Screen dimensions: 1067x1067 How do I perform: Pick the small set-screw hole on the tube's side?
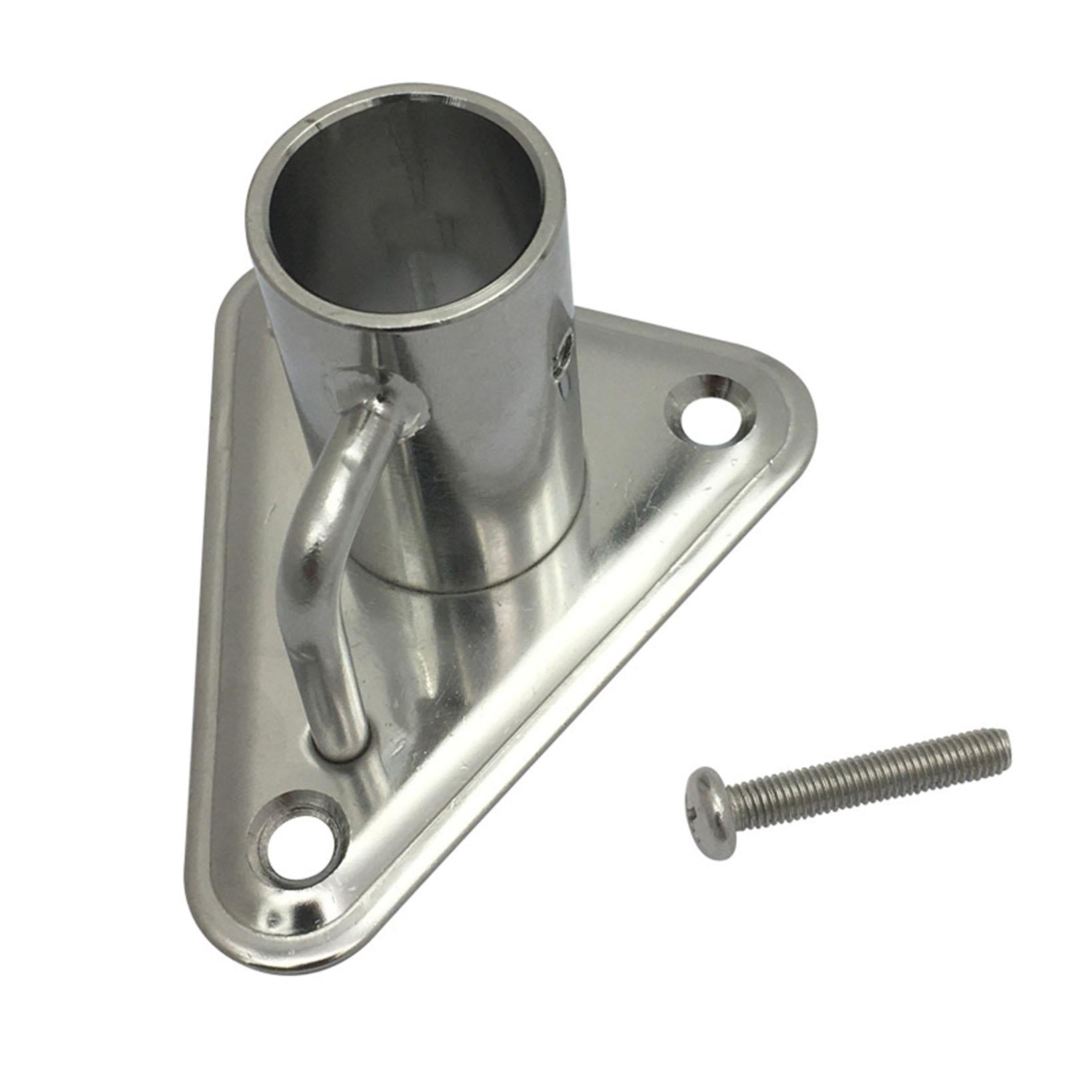click(564, 350)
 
